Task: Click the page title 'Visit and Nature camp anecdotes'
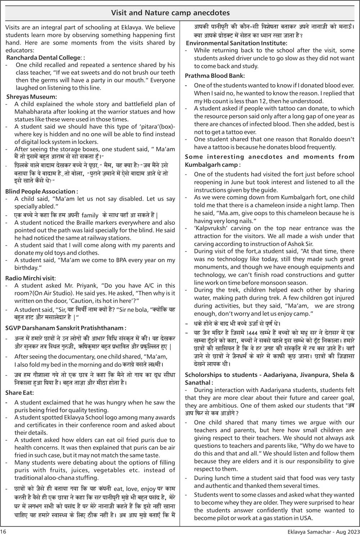[x=170, y=13]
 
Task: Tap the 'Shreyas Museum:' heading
[x=32, y=97]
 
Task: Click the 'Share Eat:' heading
[x=20, y=393]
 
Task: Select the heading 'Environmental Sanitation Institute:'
[x=237, y=43]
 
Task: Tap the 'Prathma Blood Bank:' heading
[x=215, y=76]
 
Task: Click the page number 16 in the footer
[x=3, y=531]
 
